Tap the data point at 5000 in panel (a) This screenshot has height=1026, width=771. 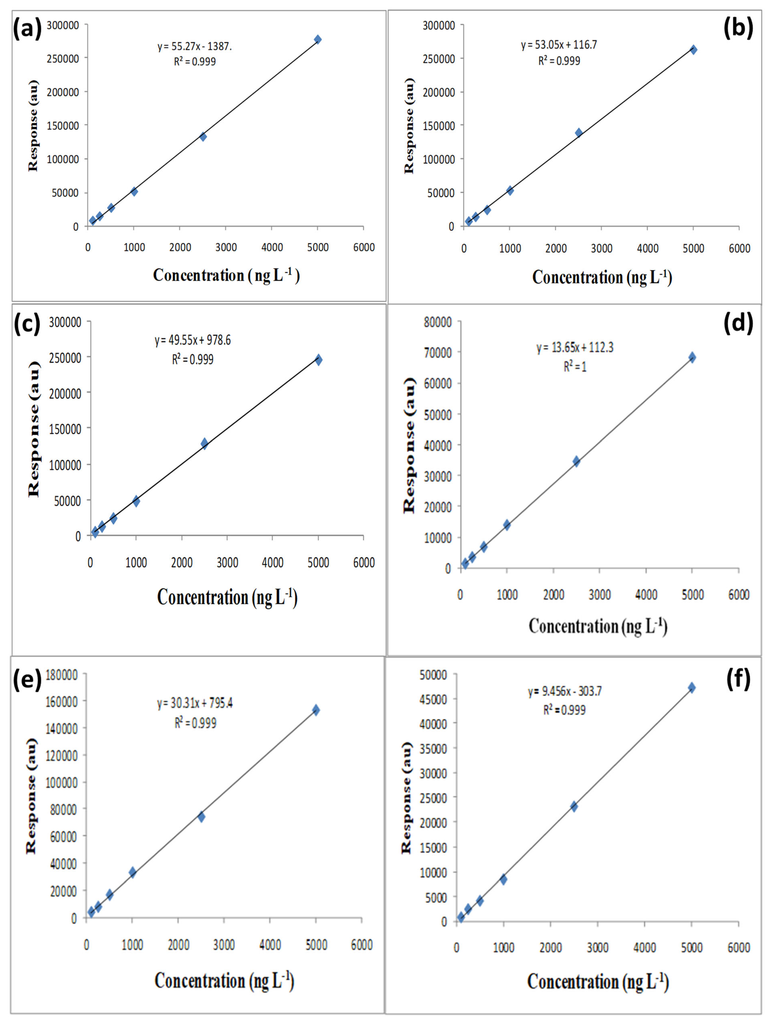coord(318,39)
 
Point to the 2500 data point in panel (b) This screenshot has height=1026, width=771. coord(579,133)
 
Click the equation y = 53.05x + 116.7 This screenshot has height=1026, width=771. coord(559,45)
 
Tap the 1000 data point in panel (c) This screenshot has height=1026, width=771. coord(136,501)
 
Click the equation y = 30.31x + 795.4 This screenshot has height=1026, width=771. coord(195,704)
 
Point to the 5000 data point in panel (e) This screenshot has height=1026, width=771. coord(316,710)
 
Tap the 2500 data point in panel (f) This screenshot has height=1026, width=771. coord(574,807)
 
